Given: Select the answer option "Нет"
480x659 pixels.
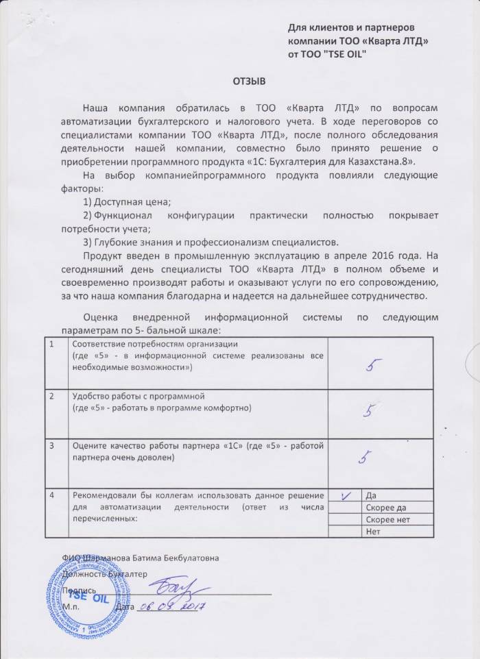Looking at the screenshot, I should (373, 532).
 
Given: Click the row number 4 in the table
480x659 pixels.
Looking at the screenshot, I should (51, 495).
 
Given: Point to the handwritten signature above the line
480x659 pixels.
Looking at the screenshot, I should (171, 588).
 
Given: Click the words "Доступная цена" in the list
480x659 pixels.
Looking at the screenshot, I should (130, 203).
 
